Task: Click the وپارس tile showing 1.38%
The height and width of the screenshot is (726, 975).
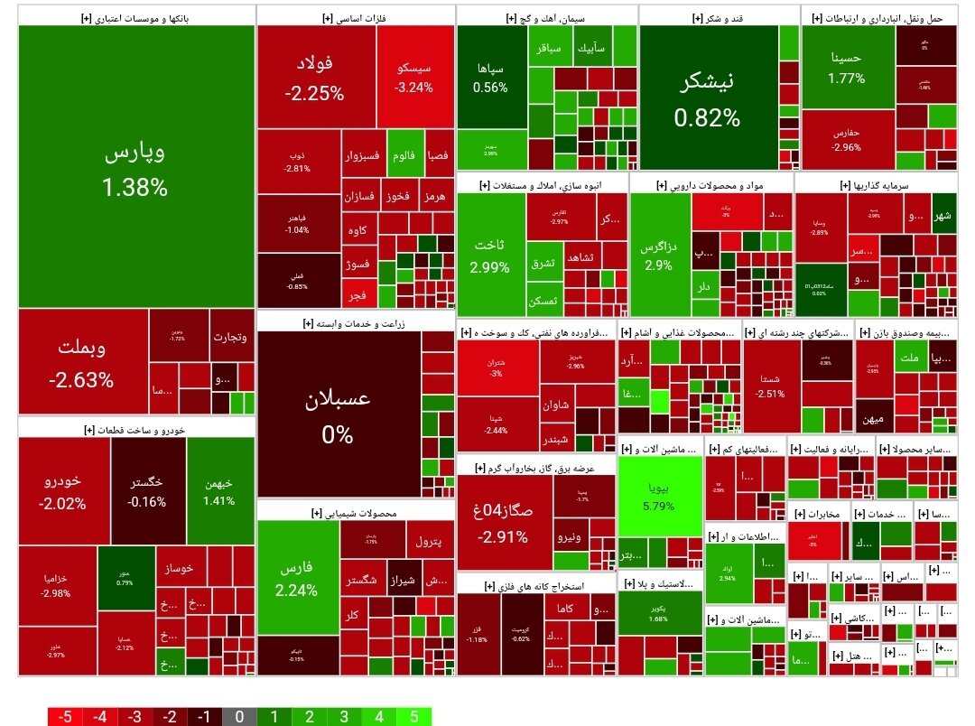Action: (x=135, y=167)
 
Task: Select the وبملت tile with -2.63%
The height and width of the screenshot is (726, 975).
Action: (x=83, y=361)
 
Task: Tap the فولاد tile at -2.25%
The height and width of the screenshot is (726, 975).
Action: (x=314, y=77)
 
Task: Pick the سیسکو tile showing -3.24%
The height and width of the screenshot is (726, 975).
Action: (x=413, y=78)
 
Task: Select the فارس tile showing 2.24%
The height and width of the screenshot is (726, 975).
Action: (x=298, y=578)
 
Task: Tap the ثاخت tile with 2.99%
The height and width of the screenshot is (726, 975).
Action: (x=490, y=256)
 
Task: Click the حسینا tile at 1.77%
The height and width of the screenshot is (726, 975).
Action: (x=846, y=68)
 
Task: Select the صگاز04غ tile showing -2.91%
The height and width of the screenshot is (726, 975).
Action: (x=504, y=524)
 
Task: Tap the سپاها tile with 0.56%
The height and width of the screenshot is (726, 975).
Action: (x=490, y=77)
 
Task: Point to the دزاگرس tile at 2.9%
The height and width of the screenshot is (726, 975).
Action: (x=658, y=256)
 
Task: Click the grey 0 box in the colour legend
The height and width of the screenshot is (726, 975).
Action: (x=239, y=717)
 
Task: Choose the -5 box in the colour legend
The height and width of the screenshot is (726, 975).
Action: (x=65, y=717)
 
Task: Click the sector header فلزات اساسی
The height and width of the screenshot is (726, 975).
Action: (x=356, y=17)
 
